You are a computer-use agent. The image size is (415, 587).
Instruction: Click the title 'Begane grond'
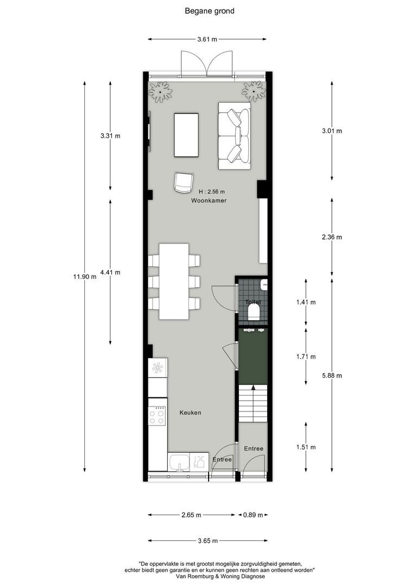click(209, 11)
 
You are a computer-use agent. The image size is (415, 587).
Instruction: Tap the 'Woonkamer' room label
click(209, 201)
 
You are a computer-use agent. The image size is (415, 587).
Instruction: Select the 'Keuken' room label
click(190, 413)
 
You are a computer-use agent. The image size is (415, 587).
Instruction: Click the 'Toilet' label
click(253, 302)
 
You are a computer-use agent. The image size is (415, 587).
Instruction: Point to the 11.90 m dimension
click(85, 276)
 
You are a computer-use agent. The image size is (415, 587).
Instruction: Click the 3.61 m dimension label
click(206, 39)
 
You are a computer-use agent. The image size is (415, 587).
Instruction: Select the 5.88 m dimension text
click(332, 375)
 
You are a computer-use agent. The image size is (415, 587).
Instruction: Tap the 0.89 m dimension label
click(253, 515)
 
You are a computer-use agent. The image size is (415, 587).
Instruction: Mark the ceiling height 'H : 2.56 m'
click(211, 191)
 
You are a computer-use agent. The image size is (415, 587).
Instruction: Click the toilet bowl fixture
click(253, 312)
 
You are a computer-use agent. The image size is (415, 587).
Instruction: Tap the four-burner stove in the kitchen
click(158, 416)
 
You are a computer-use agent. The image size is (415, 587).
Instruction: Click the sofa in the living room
click(234, 135)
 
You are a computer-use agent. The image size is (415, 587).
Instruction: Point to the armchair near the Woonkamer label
click(184, 182)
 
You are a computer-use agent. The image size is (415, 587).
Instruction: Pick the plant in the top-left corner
click(160, 91)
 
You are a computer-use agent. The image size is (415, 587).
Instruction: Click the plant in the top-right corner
click(253, 91)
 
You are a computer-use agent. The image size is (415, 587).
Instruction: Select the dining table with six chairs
click(174, 281)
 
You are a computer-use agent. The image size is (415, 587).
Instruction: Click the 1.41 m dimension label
click(306, 302)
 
